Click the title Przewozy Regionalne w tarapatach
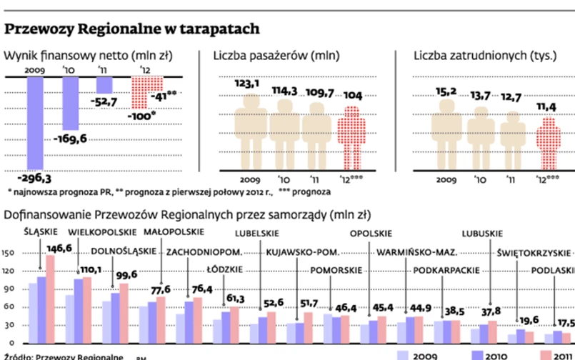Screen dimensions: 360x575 pyautogui.click(x=131, y=29)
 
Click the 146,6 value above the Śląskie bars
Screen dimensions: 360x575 pyautogui.click(x=59, y=248)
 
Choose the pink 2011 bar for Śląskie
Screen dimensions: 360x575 pyautogui.click(x=50, y=300)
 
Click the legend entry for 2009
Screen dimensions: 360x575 pyautogui.click(x=423, y=355)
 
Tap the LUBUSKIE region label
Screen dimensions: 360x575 pyautogui.click(x=481, y=233)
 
